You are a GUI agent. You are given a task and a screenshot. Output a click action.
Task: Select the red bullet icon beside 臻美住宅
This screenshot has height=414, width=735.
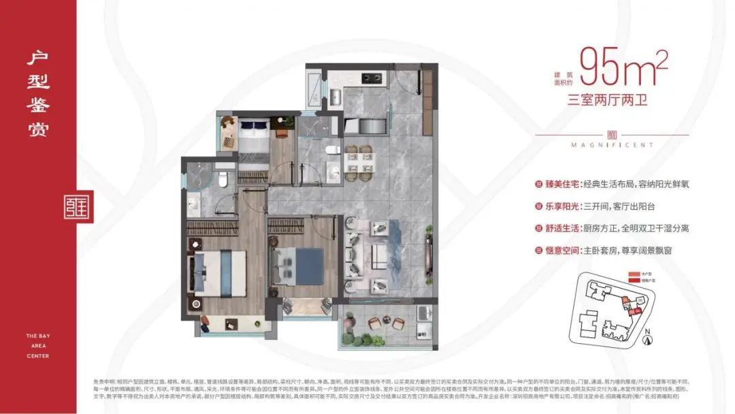coord(540,185)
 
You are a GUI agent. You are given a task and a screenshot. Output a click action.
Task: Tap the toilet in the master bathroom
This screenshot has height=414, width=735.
coord(223,179)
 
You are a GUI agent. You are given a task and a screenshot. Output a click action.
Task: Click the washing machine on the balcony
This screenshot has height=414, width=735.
coord(423,314)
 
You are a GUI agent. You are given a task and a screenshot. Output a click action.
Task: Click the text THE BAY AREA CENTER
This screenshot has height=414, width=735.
coord(38,345)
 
